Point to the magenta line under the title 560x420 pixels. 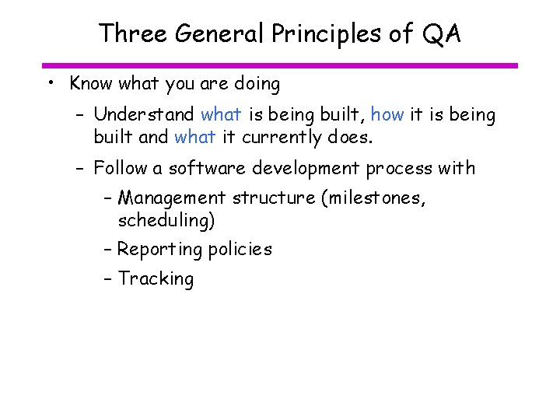(x=280, y=65)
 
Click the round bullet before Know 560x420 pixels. (x=50, y=83)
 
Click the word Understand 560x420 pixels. (x=144, y=115)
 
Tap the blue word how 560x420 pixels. (x=387, y=115)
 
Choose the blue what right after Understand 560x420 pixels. (x=221, y=115)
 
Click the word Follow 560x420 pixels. (x=127, y=168)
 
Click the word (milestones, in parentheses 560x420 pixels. (x=373, y=198)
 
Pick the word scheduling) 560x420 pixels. (x=166, y=221)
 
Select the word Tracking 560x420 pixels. (x=156, y=279)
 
